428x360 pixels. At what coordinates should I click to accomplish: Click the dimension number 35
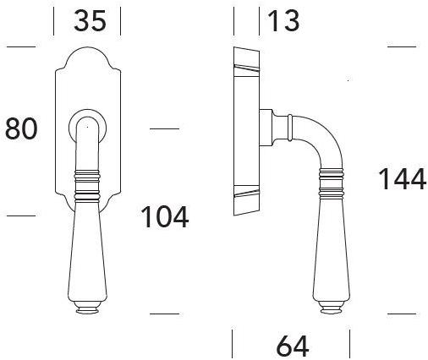point(90,20)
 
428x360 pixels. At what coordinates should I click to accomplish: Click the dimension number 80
point(22,128)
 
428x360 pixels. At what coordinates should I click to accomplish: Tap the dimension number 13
point(283,20)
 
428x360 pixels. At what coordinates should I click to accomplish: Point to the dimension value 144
point(401,180)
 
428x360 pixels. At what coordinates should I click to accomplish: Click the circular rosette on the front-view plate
point(86,125)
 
